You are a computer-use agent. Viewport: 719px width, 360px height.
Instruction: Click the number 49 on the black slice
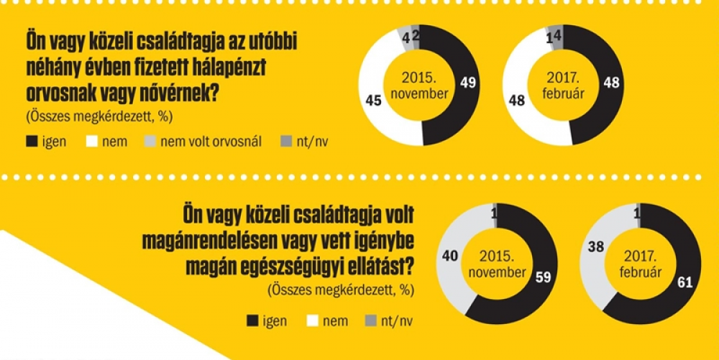tap(468, 84)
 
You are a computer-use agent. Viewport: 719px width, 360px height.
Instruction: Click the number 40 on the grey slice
tap(451, 254)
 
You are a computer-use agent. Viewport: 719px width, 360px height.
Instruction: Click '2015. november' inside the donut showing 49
tap(420, 85)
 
